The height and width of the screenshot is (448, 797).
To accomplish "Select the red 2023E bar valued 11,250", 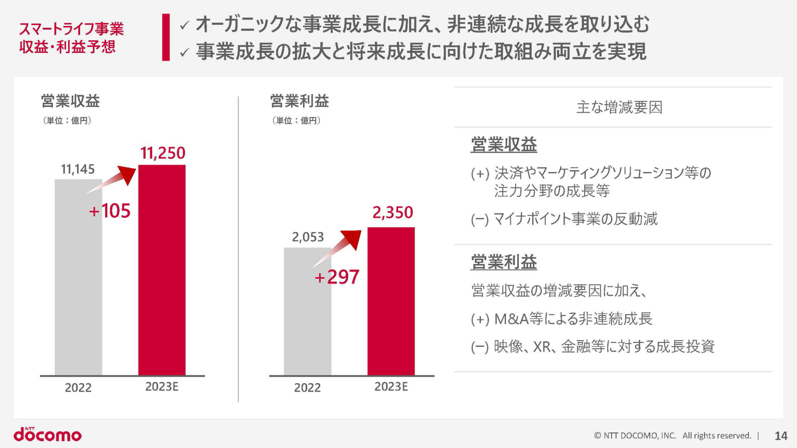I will tap(162, 270).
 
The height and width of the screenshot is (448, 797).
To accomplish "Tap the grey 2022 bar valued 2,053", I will tap(307, 311).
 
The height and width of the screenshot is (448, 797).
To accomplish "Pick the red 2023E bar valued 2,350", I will tap(391, 301).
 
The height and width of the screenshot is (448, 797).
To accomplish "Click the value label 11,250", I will tap(163, 153).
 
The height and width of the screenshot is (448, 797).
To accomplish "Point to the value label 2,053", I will tap(308, 237).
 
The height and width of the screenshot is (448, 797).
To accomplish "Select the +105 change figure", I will tap(110, 211).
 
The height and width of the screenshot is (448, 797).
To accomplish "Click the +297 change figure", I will tap(337, 277).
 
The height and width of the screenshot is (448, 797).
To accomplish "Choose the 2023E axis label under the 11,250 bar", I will tap(162, 387).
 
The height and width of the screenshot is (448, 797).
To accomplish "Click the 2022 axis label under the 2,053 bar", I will tap(307, 387).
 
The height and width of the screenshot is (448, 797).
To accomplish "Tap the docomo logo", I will tap(48, 434).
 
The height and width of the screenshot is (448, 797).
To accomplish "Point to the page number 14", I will tap(781, 436).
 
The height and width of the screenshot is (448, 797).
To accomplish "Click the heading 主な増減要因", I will tap(619, 107).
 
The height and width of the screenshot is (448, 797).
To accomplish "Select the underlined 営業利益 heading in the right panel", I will tap(504, 262).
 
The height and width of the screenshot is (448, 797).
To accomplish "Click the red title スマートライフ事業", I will tap(71, 29).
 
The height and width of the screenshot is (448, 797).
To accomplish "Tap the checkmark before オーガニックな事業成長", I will tap(185, 26).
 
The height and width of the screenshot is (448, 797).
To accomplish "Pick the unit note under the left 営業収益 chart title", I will tap(67, 121).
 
